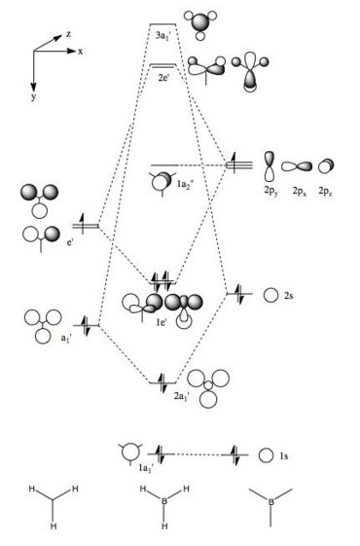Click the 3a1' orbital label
[162, 36]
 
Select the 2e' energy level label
[163, 77]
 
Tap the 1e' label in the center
[162, 322]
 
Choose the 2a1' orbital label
[181, 396]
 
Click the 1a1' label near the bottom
[146, 469]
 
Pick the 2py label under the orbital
[271, 191]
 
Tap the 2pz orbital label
[326, 191]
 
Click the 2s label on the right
[289, 296]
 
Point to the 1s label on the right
[284, 455]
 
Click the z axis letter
[68, 34]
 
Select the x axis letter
[81, 52]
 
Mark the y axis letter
[33, 96]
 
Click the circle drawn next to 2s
[264, 295]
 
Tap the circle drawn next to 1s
[259, 455]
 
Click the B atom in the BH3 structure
[164, 501]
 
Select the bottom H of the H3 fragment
[54, 526]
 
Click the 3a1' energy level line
[162, 24]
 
